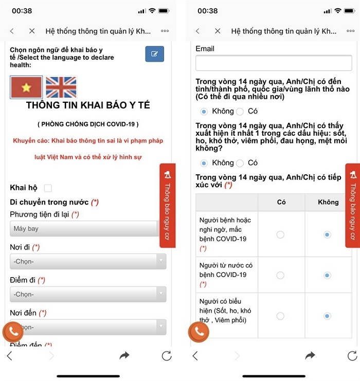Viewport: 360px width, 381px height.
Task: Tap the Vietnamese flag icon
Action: point(26,87)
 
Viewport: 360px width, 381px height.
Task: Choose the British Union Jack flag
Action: point(61,87)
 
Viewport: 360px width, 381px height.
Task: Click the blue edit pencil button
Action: point(154,54)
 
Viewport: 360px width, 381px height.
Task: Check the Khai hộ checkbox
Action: point(48,188)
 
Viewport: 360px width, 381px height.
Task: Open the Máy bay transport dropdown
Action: point(85,228)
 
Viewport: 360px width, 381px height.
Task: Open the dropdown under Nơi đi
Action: point(88,261)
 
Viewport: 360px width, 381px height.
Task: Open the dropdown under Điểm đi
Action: point(88,294)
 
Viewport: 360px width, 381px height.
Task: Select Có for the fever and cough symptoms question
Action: point(240,163)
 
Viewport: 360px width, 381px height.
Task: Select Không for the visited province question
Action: point(204,111)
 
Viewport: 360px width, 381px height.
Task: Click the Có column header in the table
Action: point(281,202)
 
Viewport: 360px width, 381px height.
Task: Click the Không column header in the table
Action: point(328,202)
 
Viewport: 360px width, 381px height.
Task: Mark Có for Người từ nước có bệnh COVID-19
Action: point(280,275)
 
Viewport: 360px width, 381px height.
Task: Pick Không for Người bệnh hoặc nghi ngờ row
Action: point(327,234)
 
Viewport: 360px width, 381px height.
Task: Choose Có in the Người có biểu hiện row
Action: point(280,316)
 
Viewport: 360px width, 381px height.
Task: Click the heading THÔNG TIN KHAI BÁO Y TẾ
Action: point(88,105)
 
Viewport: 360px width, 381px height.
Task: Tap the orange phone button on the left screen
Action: point(13,332)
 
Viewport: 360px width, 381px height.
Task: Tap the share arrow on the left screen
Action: point(124,355)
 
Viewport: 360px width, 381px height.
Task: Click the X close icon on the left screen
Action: point(32,31)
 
